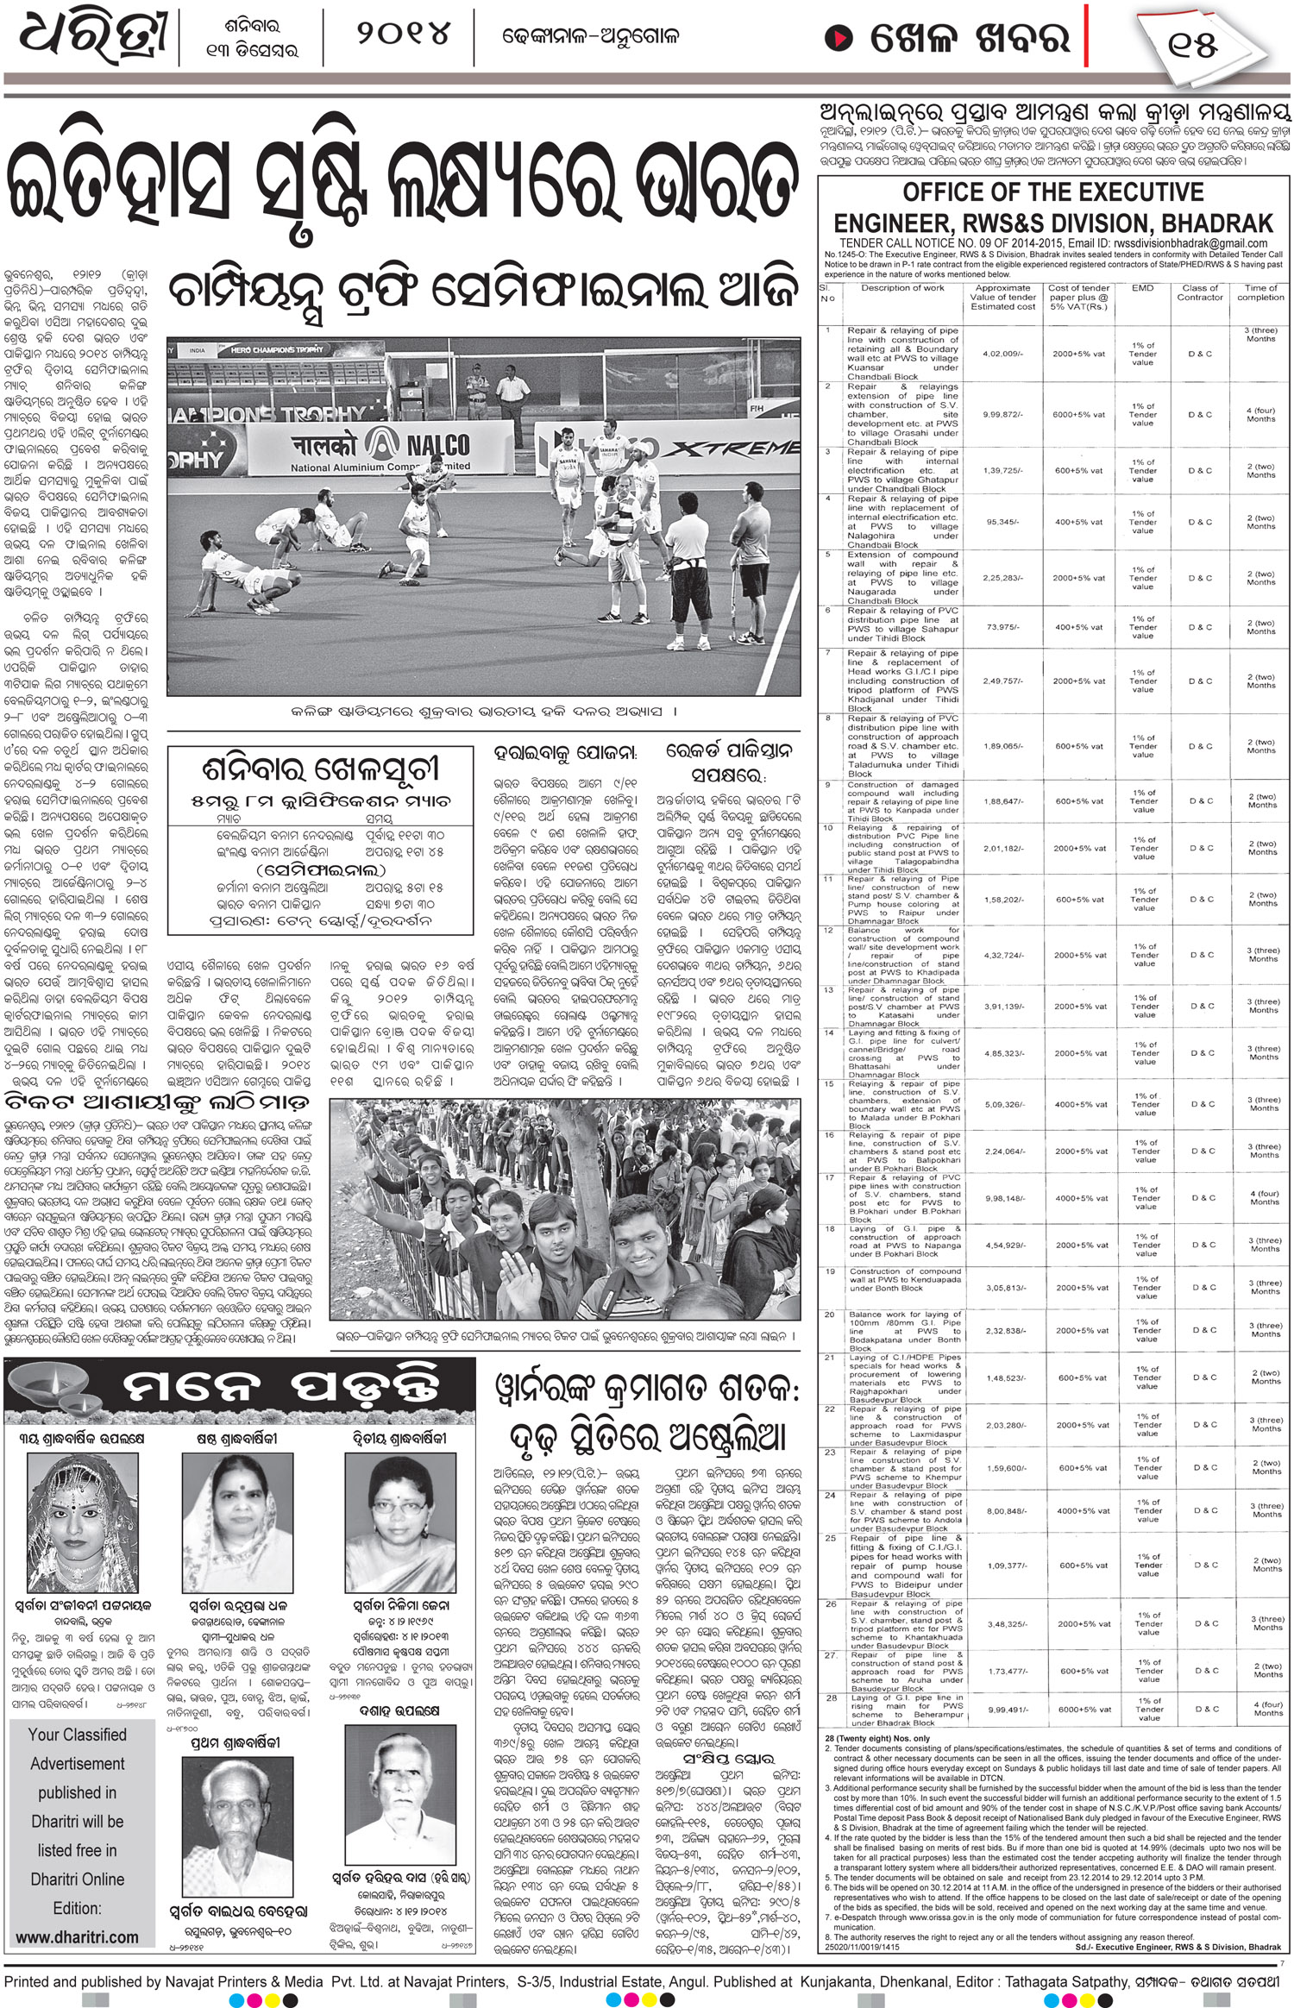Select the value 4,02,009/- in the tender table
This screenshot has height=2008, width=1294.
(x=1003, y=353)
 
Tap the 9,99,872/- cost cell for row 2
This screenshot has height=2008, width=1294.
(x=1003, y=414)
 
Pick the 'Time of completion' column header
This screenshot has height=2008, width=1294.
(x=1260, y=292)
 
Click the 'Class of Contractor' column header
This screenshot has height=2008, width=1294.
(x=1200, y=292)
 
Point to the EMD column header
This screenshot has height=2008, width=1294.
(x=1142, y=288)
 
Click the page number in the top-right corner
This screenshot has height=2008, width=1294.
(x=1193, y=43)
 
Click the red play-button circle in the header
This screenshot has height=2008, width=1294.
(x=836, y=39)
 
